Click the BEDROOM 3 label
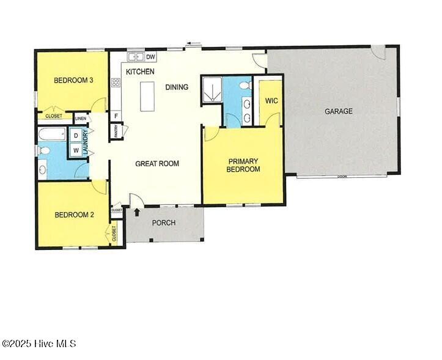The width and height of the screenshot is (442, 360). click(73, 80)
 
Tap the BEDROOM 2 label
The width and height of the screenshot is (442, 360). click(74, 215)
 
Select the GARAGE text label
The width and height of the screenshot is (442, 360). click(338, 111)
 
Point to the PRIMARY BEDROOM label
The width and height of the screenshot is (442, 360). click(243, 165)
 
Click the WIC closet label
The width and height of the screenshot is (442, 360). click(271, 101)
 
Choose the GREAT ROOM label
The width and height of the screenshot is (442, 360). click(157, 163)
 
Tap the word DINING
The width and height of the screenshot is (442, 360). click(177, 87)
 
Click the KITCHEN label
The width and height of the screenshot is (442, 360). click(140, 72)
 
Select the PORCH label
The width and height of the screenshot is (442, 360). click(164, 222)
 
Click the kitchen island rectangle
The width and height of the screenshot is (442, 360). click(147, 96)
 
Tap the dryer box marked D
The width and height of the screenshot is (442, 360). click(76, 135)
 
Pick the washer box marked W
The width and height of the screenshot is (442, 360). click(76, 150)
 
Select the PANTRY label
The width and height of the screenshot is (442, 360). click(115, 130)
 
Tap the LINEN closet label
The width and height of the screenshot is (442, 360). click(80, 118)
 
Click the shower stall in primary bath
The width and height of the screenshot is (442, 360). click(212, 90)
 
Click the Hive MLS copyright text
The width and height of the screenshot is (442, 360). click(39, 343)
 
